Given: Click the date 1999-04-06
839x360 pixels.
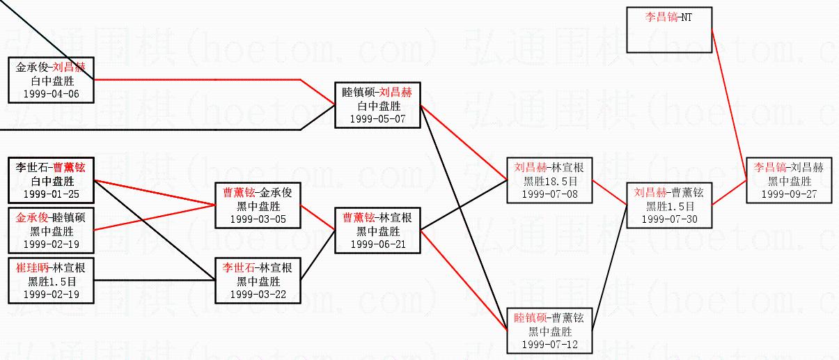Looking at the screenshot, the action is (52, 93).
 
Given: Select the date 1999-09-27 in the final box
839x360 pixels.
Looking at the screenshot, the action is (789, 194).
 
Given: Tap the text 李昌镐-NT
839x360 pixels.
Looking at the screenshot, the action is (669, 17).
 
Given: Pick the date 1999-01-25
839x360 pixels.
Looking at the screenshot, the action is (52, 194).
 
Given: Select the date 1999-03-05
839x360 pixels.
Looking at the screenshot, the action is (258, 219).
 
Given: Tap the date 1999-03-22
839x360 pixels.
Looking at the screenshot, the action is (258, 295).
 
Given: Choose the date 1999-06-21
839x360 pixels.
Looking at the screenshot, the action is (377, 244).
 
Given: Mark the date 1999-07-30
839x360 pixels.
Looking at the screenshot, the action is (668, 219).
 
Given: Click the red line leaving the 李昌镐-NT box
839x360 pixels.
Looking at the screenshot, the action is (729, 104).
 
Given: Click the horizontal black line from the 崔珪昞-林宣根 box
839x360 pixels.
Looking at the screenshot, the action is (153, 279).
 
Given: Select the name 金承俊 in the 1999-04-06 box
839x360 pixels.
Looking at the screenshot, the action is (33, 67).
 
